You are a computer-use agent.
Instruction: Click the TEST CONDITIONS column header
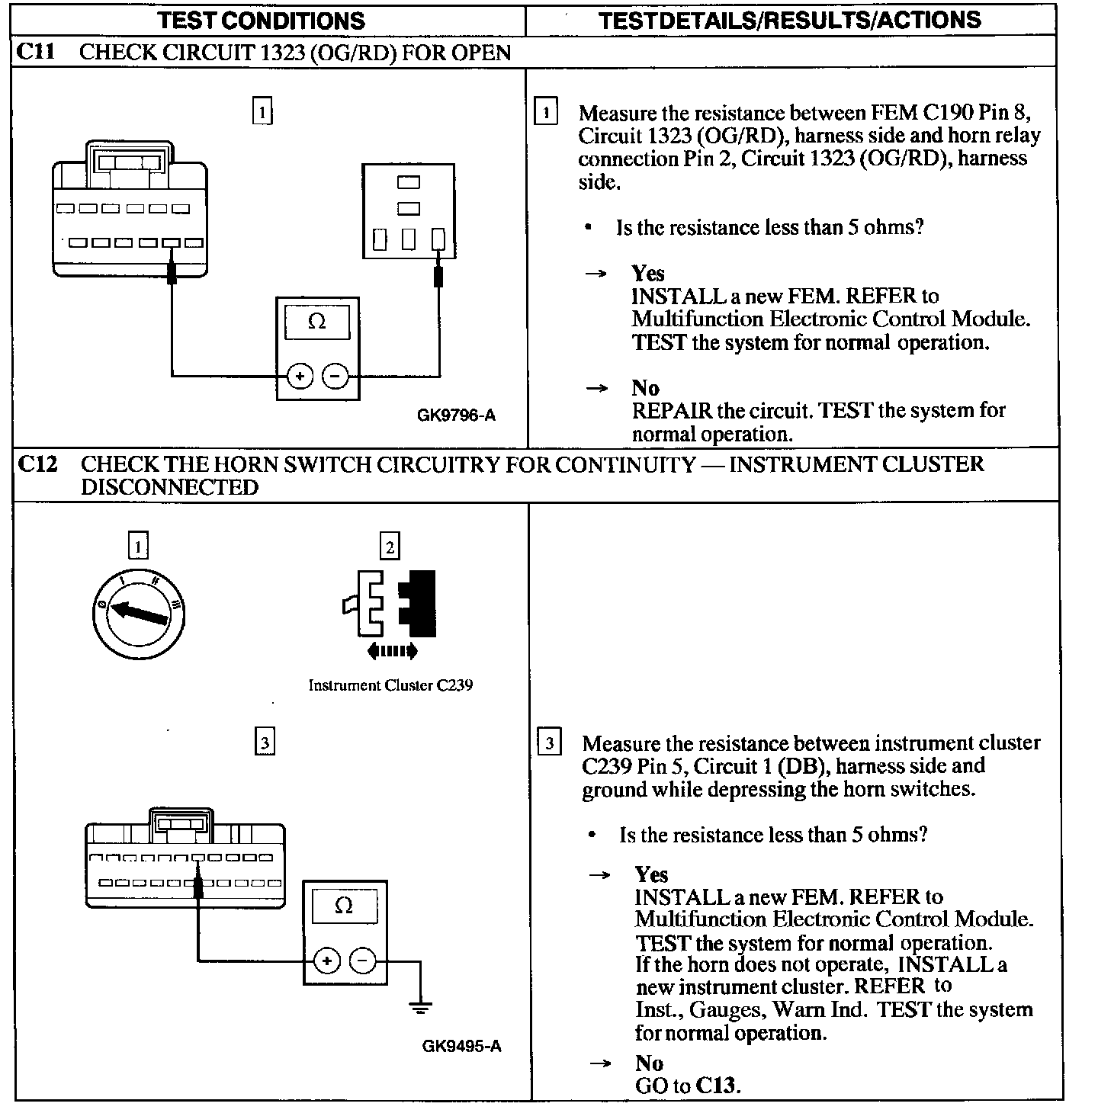coord(261,20)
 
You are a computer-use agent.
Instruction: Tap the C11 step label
coord(35,52)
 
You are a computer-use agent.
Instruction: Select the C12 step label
coord(37,463)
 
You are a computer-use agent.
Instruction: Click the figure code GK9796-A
coord(456,415)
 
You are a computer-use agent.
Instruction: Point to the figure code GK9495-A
coord(461,1046)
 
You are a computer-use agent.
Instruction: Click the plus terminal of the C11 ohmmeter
coord(300,375)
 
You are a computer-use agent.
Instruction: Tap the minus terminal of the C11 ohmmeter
coord(335,375)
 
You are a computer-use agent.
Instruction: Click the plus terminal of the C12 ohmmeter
coord(326,961)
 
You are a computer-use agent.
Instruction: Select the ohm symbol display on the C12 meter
coord(344,906)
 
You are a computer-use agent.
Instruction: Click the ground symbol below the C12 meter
coord(420,1007)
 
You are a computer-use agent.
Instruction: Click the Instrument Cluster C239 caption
coord(390,685)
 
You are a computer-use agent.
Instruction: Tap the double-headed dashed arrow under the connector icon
coord(392,651)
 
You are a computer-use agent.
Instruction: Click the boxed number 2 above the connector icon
coord(390,547)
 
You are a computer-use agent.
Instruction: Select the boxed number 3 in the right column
coord(549,743)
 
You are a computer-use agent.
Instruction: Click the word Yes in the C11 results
coord(647,273)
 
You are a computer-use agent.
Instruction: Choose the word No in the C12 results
coord(648,1063)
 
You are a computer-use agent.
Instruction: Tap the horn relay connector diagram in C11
coord(409,210)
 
